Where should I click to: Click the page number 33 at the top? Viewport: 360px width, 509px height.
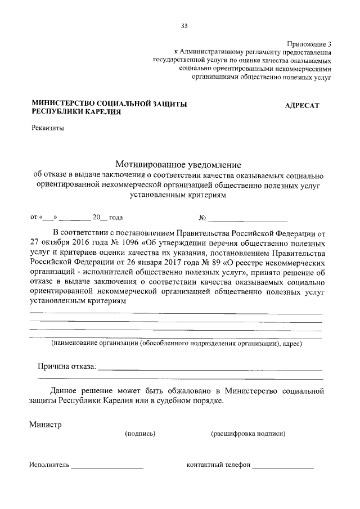[184, 26]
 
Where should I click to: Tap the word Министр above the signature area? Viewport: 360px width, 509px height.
[45, 424]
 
